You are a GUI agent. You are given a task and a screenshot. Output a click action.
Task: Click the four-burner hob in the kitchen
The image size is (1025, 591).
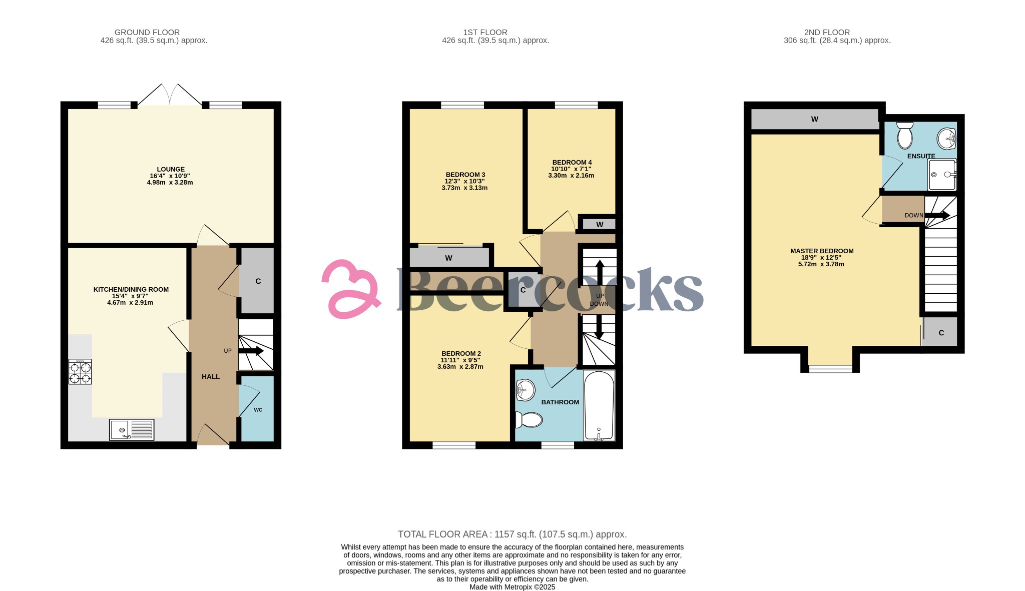click(x=80, y=372)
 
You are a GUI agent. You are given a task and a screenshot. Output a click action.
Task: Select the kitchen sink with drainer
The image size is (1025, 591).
click(x=132, y=430)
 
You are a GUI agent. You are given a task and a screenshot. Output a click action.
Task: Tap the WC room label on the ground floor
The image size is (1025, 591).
click(x=258, y=410)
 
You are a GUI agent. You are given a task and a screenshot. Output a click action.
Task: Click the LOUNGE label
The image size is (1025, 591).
click(x=171, y=169)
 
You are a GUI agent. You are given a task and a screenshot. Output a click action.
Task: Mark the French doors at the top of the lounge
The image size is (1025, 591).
click(x=170, y=95)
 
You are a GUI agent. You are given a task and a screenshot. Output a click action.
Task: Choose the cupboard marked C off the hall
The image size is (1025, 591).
click(x=258, y=281)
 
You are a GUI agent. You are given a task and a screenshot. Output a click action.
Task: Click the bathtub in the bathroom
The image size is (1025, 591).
click(x=599, y=405)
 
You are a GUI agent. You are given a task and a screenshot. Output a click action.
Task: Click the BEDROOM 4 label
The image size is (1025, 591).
click(x=572, y=162)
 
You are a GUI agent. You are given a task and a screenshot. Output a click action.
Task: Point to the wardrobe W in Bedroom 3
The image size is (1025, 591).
click(x=449, y=258)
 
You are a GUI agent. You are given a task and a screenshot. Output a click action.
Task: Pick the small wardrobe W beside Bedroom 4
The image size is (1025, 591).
click(x=599, y=224)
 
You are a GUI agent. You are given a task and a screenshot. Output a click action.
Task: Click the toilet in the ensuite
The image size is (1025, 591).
click(x=905, y=136)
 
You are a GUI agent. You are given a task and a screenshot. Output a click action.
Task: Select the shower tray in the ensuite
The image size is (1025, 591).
click(x=942, y=175)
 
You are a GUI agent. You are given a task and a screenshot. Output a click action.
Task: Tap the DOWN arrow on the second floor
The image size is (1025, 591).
click(x=936, y=215)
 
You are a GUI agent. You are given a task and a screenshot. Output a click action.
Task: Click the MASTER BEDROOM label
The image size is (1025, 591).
click(x=822, y=251)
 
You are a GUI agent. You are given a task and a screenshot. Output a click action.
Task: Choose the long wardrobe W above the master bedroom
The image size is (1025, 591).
click(x=814, y=119)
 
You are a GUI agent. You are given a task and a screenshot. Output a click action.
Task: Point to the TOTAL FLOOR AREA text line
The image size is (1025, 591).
click(x=512, y=534)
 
